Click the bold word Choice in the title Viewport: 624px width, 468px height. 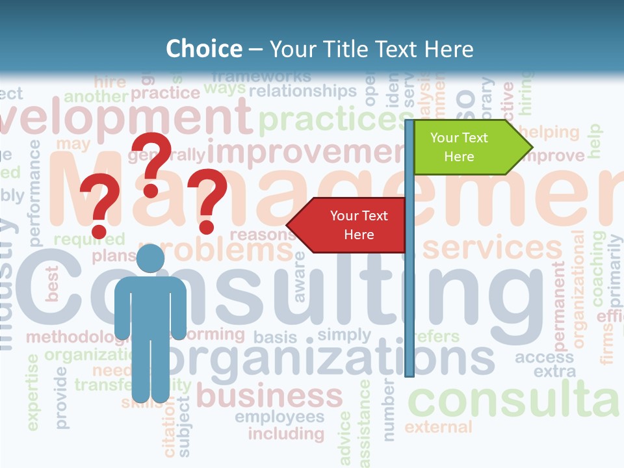tap(203, 49)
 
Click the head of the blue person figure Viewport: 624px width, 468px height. tap(150, 259)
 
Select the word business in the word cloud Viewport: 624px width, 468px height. tap(269, 395)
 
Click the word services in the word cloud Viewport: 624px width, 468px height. tap(492, 248)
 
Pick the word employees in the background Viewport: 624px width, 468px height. tap(279, 417)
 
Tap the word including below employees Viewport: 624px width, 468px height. tap(286, 433)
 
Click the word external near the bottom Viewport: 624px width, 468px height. tap(438, 427)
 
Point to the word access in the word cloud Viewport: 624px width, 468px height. tap(544, 357)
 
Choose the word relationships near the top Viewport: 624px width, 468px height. tap(303, 90)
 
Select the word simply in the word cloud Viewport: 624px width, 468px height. tap(344, 335)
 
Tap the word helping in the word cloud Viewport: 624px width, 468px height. tap(549, 133)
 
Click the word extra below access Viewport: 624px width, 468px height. tap(554, 372)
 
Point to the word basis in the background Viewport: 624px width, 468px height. tap(275, 337)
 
